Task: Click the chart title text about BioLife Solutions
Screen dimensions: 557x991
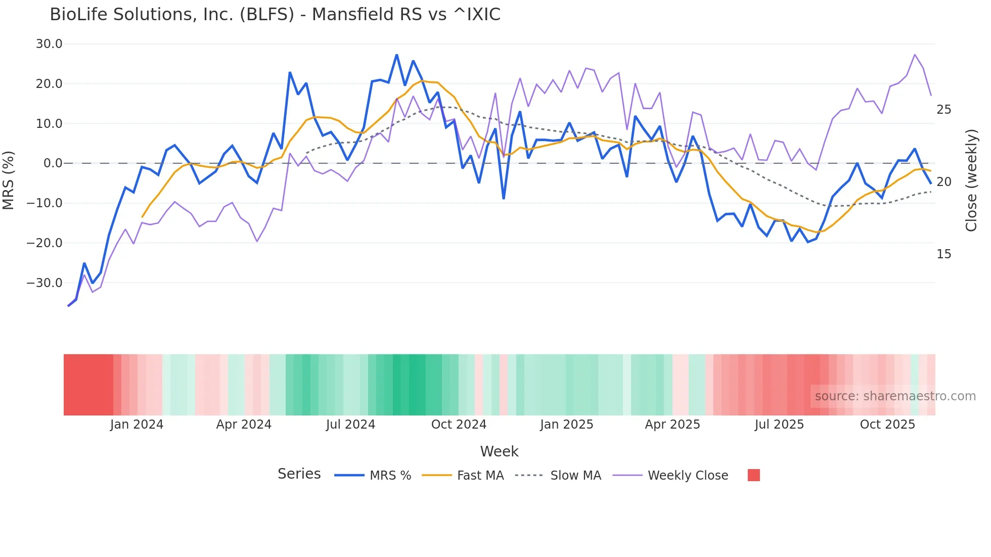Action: click(x=275, y=15)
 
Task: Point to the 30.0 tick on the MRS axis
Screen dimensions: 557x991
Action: click(x=49, y=44)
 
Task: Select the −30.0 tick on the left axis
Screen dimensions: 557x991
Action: click(x=44, y=283)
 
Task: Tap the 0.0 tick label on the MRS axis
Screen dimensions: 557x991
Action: click(x=53, y=163)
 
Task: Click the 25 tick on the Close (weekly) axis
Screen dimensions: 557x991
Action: click(x=943, y=110)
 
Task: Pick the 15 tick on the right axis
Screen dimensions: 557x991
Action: click(x=943, y=254)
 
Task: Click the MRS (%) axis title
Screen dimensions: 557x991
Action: click(x=9, y=180)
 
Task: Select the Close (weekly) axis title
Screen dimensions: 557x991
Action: click(x=971, y=180)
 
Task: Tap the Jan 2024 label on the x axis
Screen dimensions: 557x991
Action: click(x=137, y=425)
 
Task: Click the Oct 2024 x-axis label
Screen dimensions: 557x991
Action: click(x=459, y=425)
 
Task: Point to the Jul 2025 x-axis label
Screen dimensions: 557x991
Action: click(x=779, y=425)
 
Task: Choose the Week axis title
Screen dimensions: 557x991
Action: click(x=499, y=451)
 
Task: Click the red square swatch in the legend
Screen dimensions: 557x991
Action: click(x=753, y=475)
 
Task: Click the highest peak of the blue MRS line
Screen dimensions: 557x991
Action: click(x=397, y=55)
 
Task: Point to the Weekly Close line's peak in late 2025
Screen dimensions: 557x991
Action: click(x=915, y=55)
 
